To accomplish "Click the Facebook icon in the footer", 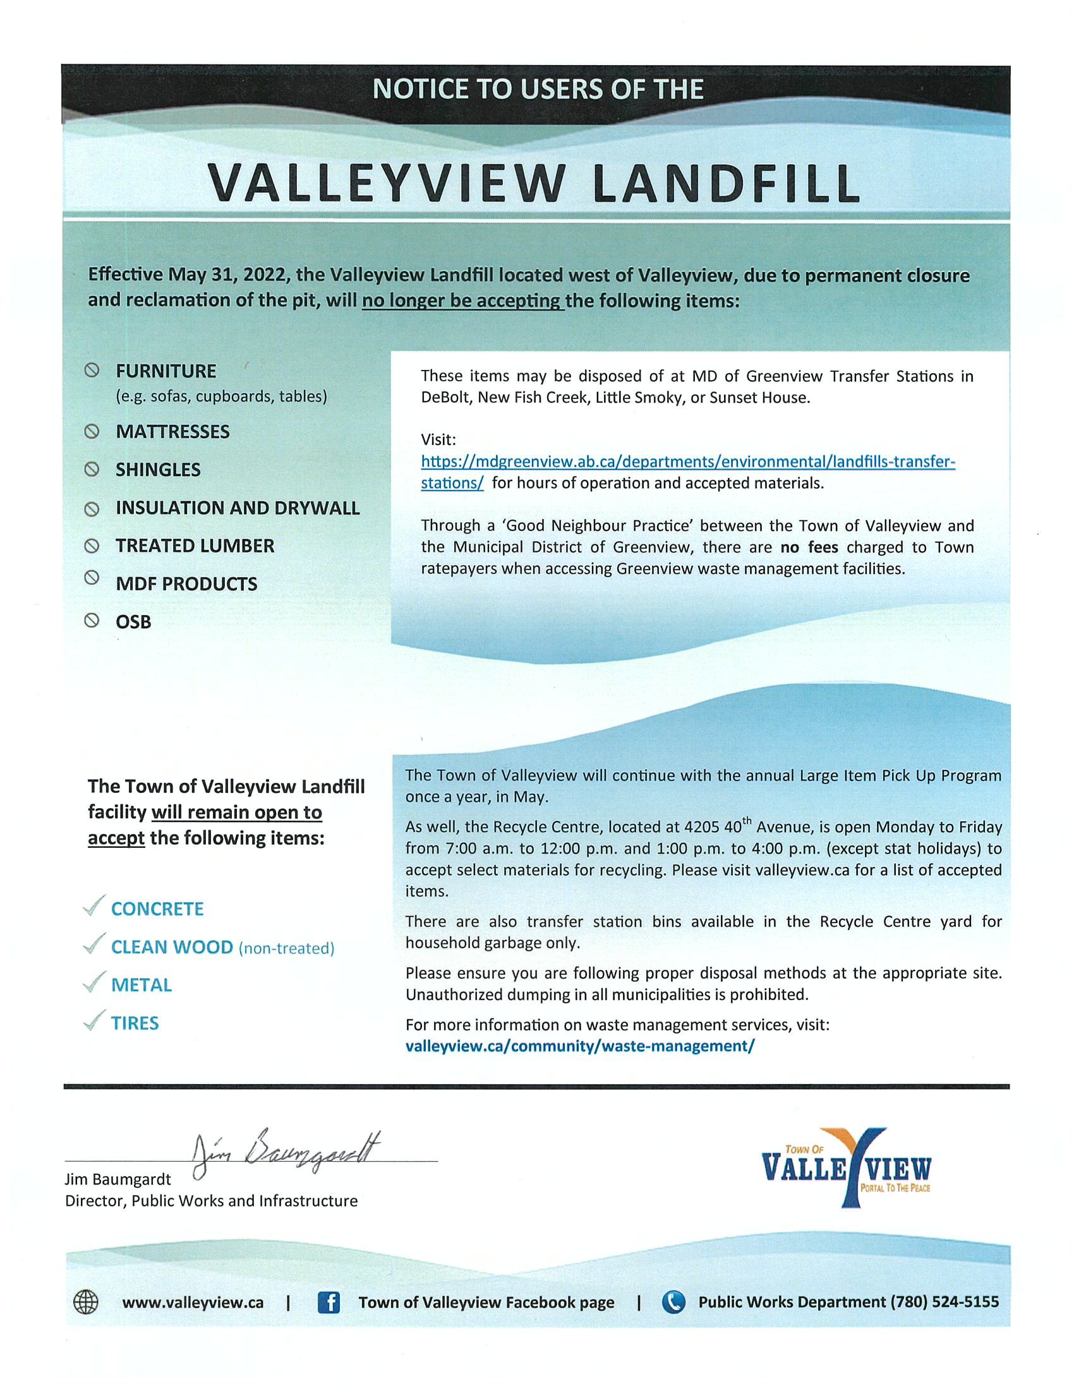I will click(x=329, y=1302).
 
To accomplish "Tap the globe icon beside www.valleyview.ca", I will click(x=86, y=1302).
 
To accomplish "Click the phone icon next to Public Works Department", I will click(x=673, y=1302).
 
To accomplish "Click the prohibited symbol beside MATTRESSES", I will click(x=92, y=431).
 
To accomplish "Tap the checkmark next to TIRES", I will click(x=94, y=1022).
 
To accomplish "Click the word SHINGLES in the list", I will click(x=158, y=470).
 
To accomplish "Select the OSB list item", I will click(x=133, y=622).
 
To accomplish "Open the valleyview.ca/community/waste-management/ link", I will click(x=579, y=1046).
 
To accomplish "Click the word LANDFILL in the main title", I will click(x=725, y=184).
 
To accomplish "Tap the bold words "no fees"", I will click(x=809, y=547).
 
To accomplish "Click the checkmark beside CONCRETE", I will click(x=94, y=907).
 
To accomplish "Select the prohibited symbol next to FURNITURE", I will click(x=92, y=370).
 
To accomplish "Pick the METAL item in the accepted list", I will click(x=142, y=985).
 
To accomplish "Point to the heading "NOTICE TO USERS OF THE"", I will click(x=538, y=90).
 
